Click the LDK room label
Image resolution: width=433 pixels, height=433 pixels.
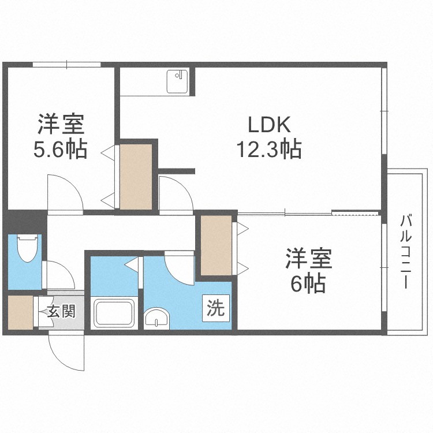(x=269, y=125)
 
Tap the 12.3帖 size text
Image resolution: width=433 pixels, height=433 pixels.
(x=269, y=149)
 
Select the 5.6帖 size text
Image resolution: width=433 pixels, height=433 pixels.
(x=61, y=149)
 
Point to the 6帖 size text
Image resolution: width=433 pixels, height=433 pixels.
(x=308, y=283)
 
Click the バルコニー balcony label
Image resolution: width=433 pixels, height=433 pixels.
(x=406, y=252)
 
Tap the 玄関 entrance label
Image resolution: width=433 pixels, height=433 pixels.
(x=61, y=312)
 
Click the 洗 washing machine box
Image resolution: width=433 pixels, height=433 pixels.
(x=216, y=308)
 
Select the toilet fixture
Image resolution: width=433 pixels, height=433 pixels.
(x=27, y=248)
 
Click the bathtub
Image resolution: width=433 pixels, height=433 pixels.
(x=114, y=313)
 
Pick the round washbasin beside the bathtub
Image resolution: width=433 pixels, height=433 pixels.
(x=156, y=318)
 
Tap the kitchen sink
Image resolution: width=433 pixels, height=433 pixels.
(x=177, y=81)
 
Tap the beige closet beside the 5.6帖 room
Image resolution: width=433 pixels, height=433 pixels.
(x=136, y=177)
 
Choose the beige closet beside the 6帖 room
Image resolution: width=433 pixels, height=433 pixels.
(x=216, y=245)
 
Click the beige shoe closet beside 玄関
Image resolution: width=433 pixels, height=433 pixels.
(x=21, y=312)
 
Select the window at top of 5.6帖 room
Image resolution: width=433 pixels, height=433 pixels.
(x=66, y=65)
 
